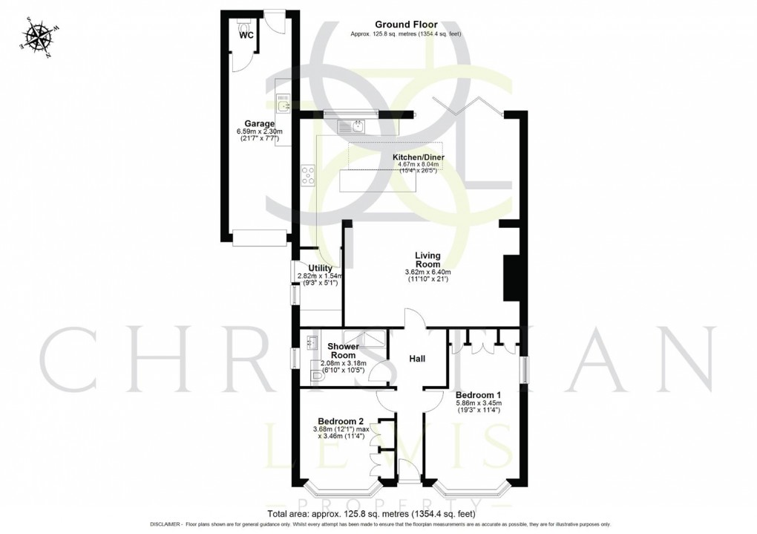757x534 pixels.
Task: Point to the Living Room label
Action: pyautogui.click(x=427, y=259)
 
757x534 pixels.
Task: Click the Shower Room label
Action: pyautogui.click(x=344, y=351)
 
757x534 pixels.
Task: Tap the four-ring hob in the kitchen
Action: pyautogui.click(x=309, y=175)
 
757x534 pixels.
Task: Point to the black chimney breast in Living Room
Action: pyautogui.click(x=511, y=278)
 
